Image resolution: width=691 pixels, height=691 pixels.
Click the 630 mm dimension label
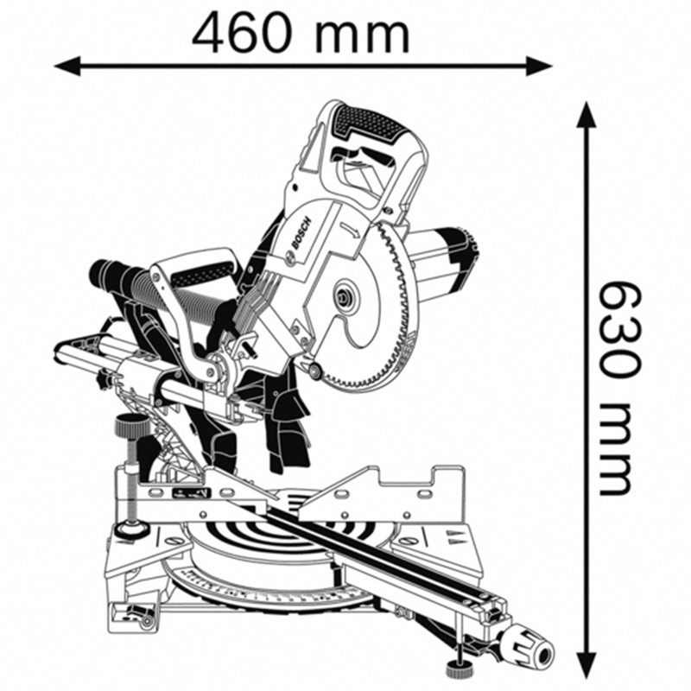pyautogui.click(x=616, y=388)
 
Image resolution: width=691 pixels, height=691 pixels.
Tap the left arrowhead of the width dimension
pyautogui.click(x=67, y=67)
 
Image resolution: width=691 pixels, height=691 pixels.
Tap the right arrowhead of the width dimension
pyautogui.click(x=538, y=67)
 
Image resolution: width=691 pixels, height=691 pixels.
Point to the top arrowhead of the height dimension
pyautogui.click(x=586, y=115)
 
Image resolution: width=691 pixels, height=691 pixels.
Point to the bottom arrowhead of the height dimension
pyautogui.click(x=586, y=664)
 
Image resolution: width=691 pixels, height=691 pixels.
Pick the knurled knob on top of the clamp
pyautogui.click(x=131, y=425)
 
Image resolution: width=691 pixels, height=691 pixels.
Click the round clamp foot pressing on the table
pyautogui.click(x=131, y=526)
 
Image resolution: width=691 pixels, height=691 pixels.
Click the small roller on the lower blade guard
pyautogui.click(x=314, y=370)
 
